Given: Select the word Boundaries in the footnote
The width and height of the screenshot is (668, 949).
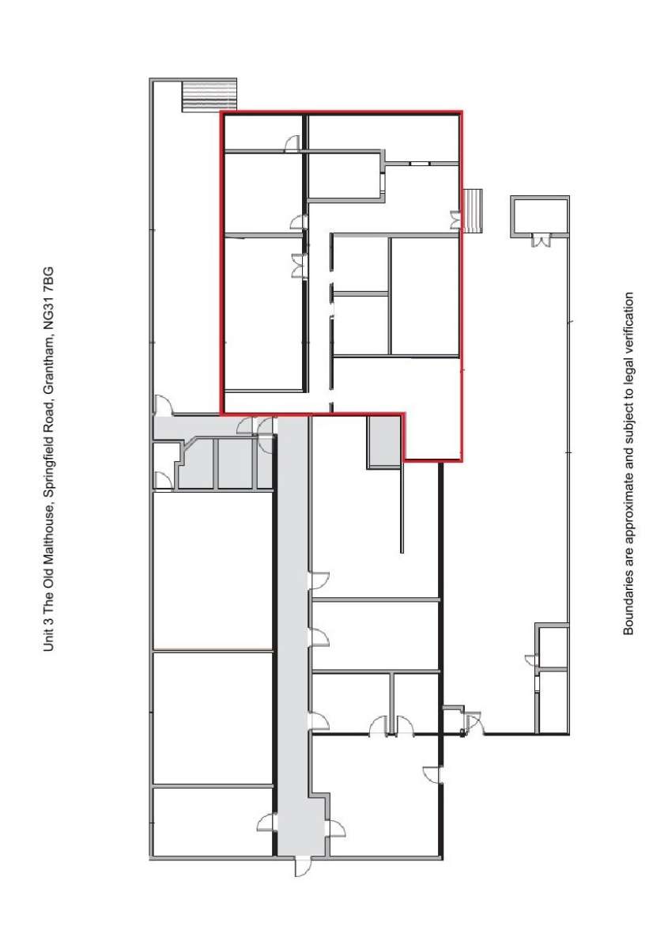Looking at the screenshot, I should click(629, 605).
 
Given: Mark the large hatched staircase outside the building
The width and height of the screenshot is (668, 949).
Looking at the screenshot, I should click(209, 95).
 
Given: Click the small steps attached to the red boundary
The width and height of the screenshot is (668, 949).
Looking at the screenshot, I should click(474, 211).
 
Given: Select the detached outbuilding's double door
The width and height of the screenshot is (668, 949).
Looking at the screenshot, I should click(541, 240).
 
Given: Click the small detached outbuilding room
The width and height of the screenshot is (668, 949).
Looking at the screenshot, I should click(541, 216).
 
